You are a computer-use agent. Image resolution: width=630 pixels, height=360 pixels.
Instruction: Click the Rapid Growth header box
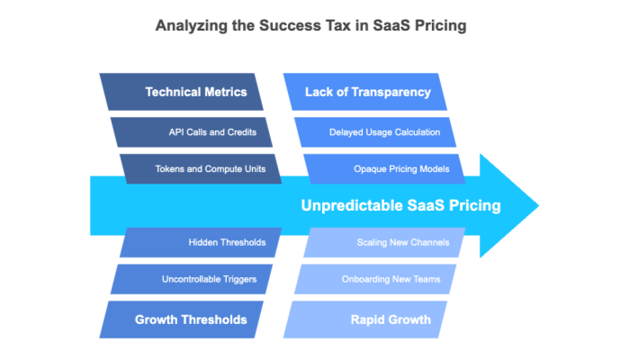pos(378,319)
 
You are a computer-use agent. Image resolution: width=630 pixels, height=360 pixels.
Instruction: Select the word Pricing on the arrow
pos(475,206)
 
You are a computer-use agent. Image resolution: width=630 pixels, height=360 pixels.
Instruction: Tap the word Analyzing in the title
pos(191,26)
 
